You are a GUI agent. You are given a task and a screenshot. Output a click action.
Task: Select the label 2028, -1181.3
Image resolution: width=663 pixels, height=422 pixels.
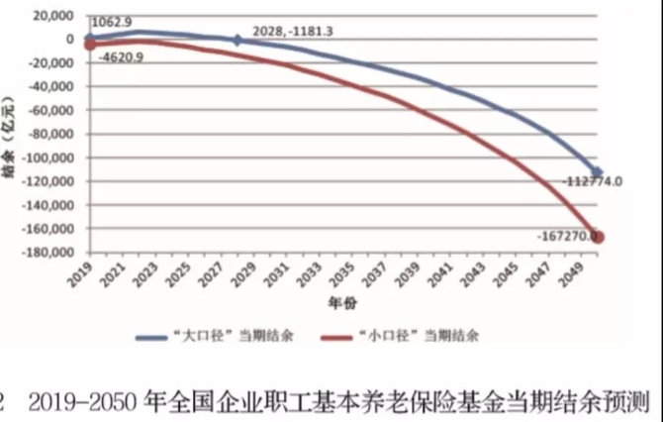[x=293, y=32]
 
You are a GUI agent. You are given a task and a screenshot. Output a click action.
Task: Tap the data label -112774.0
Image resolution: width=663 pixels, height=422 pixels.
[x=592, y=181]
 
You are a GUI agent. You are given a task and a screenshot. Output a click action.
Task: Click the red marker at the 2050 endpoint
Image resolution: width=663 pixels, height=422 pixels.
[x=600, y=237]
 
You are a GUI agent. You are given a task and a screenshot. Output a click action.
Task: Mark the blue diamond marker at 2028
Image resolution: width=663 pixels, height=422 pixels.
[x=237, y=41]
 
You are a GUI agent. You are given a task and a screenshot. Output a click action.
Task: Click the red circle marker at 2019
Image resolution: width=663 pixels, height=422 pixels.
[x=90, y=45]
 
